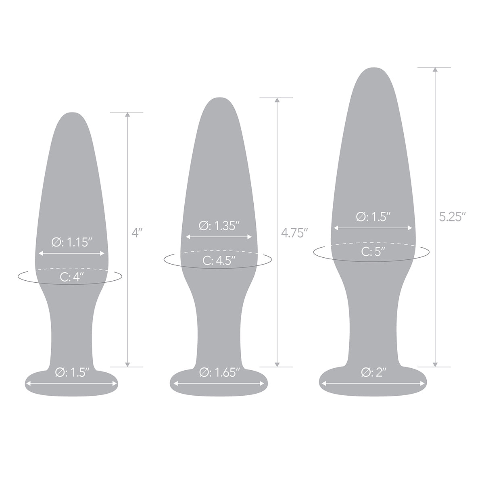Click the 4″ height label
click(137, 233)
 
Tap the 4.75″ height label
click(295, 233)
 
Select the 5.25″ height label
click(453, 217)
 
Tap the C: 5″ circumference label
click(373, 252)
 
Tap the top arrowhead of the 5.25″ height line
click(434, 70)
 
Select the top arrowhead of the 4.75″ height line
click(277, 100)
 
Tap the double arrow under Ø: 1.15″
click(71, 253)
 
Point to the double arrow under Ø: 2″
click(373, 383)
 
